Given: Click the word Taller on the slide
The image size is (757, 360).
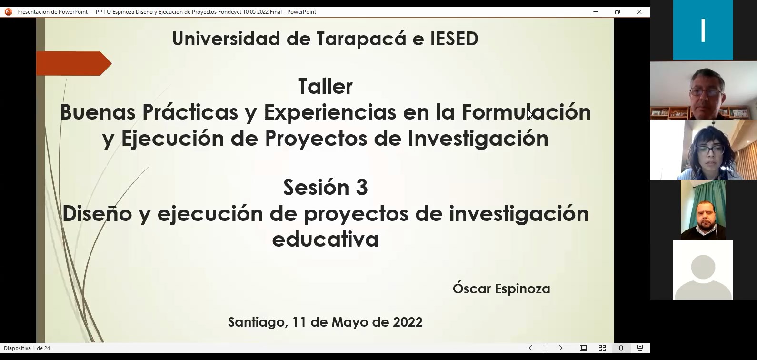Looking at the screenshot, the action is pos(326,87).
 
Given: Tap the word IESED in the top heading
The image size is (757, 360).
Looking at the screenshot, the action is pos(454,39).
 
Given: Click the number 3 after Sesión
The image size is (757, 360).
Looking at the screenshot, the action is pos(362,187).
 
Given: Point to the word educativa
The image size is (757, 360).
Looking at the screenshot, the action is pos(326,239).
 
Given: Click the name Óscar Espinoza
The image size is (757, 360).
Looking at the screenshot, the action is pos(501,289).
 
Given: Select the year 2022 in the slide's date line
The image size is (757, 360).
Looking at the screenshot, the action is pos(408,322).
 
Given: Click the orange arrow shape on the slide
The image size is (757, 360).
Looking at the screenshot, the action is pos(74,63).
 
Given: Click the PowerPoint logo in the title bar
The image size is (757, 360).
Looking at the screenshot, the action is pos(9,12).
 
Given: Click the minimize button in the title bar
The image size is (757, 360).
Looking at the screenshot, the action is pos(596,12).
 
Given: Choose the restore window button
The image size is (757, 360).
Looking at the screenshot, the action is pos(618,12).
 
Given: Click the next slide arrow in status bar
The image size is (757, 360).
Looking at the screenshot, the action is pos(561,348).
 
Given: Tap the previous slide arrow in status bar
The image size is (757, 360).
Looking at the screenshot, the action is pos(530,348).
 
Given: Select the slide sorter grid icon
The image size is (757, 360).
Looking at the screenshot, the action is pos(602,348).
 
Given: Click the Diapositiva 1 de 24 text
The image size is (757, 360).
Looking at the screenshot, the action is pos(27,348).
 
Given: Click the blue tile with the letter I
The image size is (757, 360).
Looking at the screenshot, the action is pos(703,30).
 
